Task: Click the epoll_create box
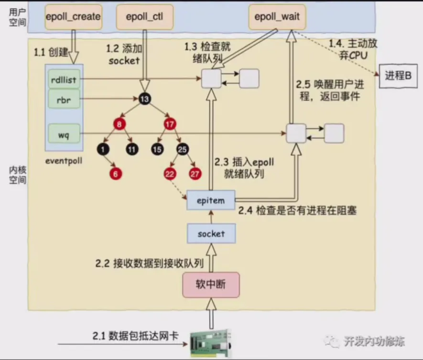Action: tap(74, 17)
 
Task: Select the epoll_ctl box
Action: tap(145, 17)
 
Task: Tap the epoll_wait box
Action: tap(277, 17)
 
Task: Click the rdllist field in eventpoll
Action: tap(64, 79)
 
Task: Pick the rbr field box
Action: tap(64, 99)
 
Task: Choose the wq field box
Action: tap(64, 134)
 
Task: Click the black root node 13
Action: tap(145, 99)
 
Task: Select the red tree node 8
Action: tap(119, 124)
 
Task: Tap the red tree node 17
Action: tap(170, 124)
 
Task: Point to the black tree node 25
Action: tap(183, 149)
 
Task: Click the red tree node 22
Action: tap(170, 174)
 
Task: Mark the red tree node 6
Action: tap(116, 174)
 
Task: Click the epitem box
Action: tap(211, 200)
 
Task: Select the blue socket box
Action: tap(211, 233)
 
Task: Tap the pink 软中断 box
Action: tap(211, 285)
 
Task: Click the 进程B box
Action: tap(398, 76)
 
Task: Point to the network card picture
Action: tap(211, 343)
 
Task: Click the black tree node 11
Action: tap(132, 149)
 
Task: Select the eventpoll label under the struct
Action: tap(64, 161)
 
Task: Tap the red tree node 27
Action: tap(195, 174)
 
